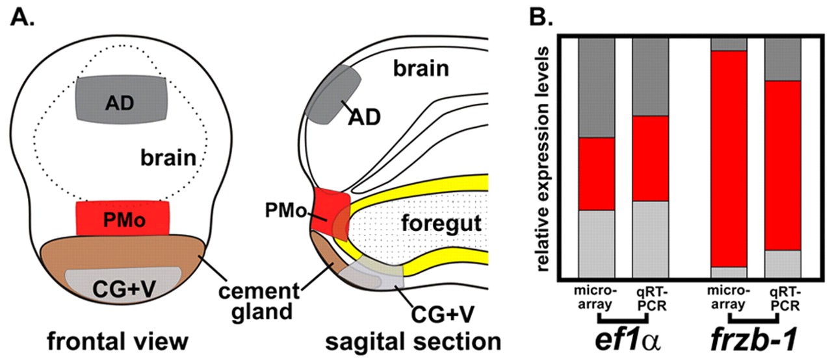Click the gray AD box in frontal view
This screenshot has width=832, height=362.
(x=123, y=98)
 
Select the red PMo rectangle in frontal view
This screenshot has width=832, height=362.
(x=123, y=219)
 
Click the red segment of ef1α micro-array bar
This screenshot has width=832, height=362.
(x=597, y=174)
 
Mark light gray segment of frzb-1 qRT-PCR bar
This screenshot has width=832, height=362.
(x=783, y=263)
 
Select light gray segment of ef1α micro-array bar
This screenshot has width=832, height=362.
(x=597, y=244)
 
